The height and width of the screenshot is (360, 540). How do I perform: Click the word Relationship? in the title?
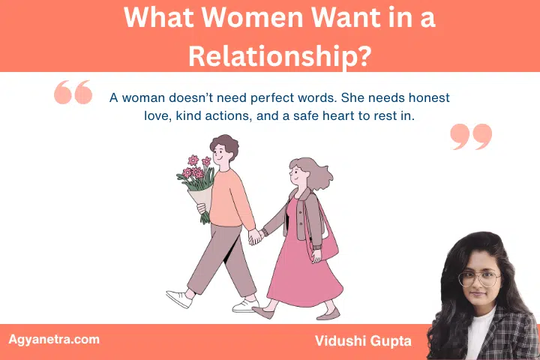270,54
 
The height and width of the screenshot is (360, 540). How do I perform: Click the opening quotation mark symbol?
73,93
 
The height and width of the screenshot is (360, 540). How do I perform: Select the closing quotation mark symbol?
471,136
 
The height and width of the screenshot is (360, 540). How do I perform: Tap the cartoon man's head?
223,153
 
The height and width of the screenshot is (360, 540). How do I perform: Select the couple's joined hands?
256,236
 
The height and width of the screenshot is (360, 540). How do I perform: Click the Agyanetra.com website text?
54,339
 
